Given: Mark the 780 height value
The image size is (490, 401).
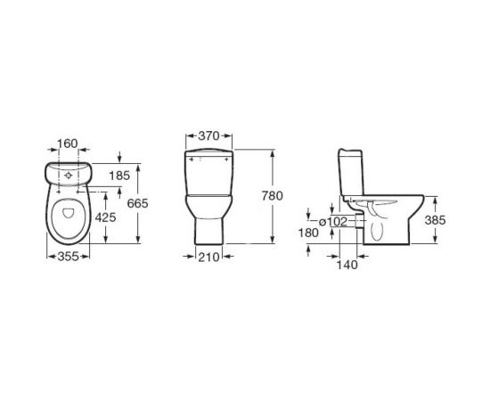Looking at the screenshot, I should coord(286,196).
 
